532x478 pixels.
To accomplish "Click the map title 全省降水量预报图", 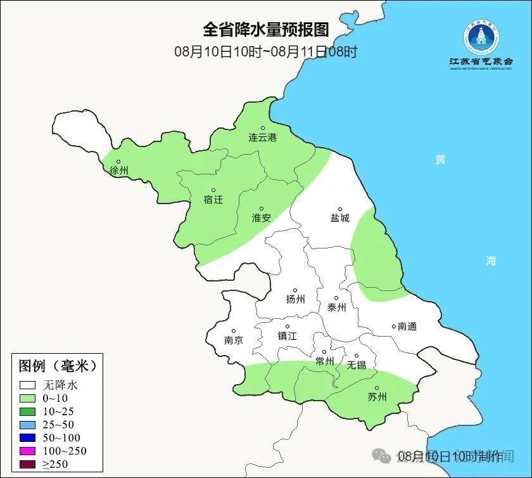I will click(x=266, y=30).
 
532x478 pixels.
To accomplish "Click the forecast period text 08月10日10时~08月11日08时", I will click(x=266, y=51).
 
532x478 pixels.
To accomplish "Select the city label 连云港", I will click(x=262, y=138).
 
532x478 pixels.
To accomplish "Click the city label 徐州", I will click(x=118, y=171).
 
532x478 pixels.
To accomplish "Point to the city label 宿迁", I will click(x=213, y=200).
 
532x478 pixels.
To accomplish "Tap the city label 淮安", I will click(x=262, y=217).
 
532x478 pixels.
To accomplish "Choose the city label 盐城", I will click(x=339, y=218).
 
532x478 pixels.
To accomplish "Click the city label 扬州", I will click(x=295, y=299).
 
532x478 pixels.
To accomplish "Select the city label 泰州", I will click(x=336, y=307).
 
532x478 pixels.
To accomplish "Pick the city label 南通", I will click(x=407, y=326).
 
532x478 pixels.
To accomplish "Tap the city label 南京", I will click(x=233, y=340).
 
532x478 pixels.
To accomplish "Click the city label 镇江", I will click(x=287, y=336).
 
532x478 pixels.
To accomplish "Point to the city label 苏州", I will click(x=377, y=397).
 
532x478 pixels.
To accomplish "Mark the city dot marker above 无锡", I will click(x=356, y=356).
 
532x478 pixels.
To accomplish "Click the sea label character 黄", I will click(x=440, y=160).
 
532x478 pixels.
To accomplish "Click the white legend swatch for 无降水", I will click(x=27, y=385).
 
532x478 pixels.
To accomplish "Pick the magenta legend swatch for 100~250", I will click(x=27, y=451).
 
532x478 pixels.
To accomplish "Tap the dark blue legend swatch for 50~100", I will click(x=27, y=437).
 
